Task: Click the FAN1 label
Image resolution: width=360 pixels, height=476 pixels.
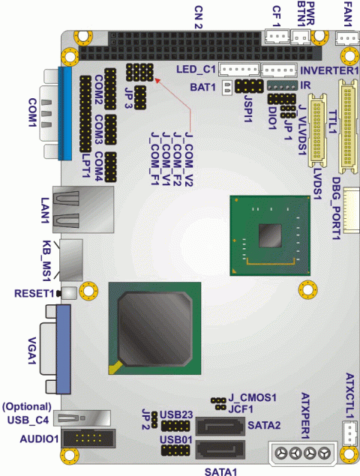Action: (348, 14)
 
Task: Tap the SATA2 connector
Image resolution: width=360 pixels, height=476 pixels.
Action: (220, 427)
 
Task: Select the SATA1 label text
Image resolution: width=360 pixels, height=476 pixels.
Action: (220, 472)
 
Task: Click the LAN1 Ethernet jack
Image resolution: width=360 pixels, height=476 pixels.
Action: (83, 209)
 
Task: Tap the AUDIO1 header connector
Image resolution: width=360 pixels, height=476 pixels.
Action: (88, 439)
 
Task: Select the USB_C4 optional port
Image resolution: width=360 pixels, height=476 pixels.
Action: (82, 418)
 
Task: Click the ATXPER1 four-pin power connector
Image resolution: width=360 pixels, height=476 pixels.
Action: (302, 454)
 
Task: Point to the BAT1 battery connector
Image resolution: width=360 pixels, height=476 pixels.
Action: (227, 88)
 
